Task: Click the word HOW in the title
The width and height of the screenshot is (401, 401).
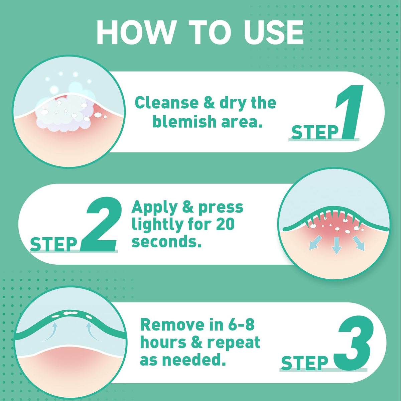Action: pos(135,33)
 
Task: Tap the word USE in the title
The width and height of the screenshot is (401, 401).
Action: pos(274,33)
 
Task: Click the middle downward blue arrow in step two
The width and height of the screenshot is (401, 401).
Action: pos(337,246)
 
